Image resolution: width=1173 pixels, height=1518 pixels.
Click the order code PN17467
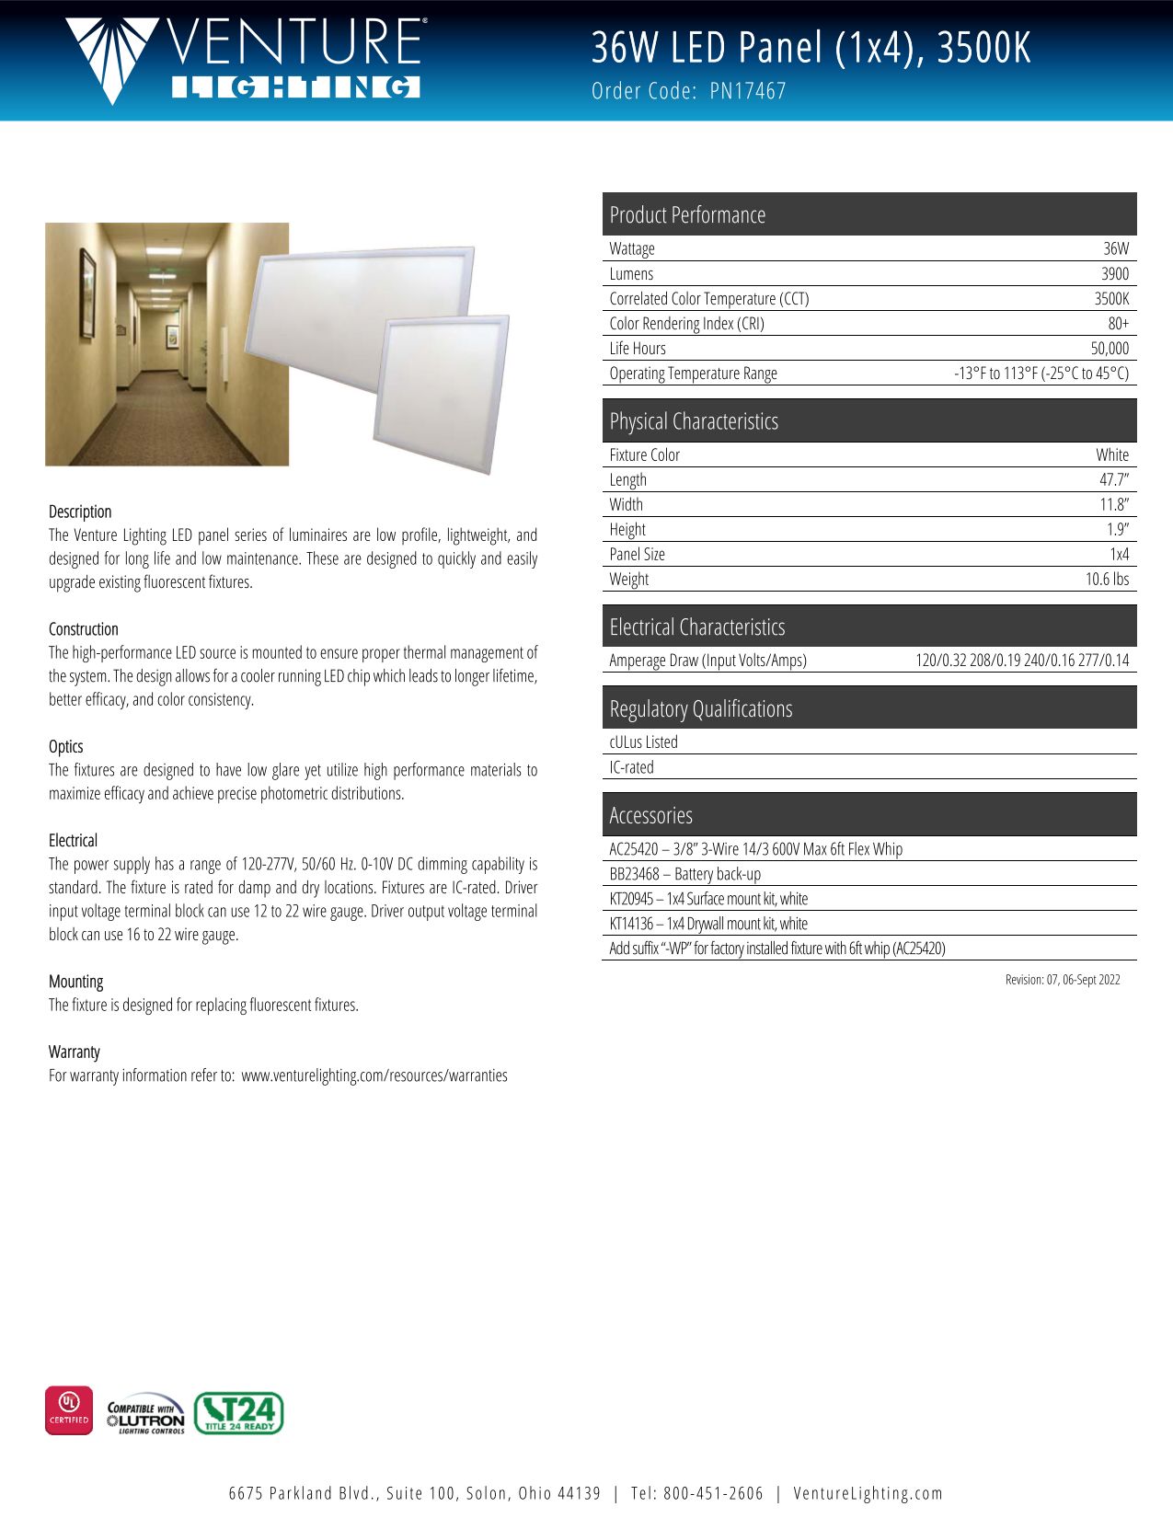click(x=748, y=91)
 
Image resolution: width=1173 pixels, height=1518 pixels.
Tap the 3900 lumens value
click(x=1114, y=273)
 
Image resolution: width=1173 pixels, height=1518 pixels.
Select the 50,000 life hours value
click(x=1109, y=348)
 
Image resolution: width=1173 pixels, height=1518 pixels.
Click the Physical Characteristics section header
click(x=694, y=421)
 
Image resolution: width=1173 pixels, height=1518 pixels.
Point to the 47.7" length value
click(x=1113, y=479)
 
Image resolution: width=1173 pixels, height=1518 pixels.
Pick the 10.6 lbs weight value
click(x=1107, y=579)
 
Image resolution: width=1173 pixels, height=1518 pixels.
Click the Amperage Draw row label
click(x=707, y=660)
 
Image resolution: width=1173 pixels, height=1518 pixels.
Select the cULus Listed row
click(x=643, y=742)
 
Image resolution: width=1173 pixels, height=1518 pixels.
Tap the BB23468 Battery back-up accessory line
click(x=684, y=874)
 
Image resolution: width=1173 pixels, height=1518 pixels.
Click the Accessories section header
click(x=650, y=815)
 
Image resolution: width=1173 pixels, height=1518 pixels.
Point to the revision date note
click(x=1062, y=980)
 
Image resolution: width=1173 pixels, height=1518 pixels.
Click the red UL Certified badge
click(x=69, y=1409)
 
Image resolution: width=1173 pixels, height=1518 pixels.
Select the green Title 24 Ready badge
click(x=238, y=1413)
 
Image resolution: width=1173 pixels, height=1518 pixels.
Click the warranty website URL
click(x=374, y=1075)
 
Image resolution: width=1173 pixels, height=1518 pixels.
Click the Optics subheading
click(x=66, y=746)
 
